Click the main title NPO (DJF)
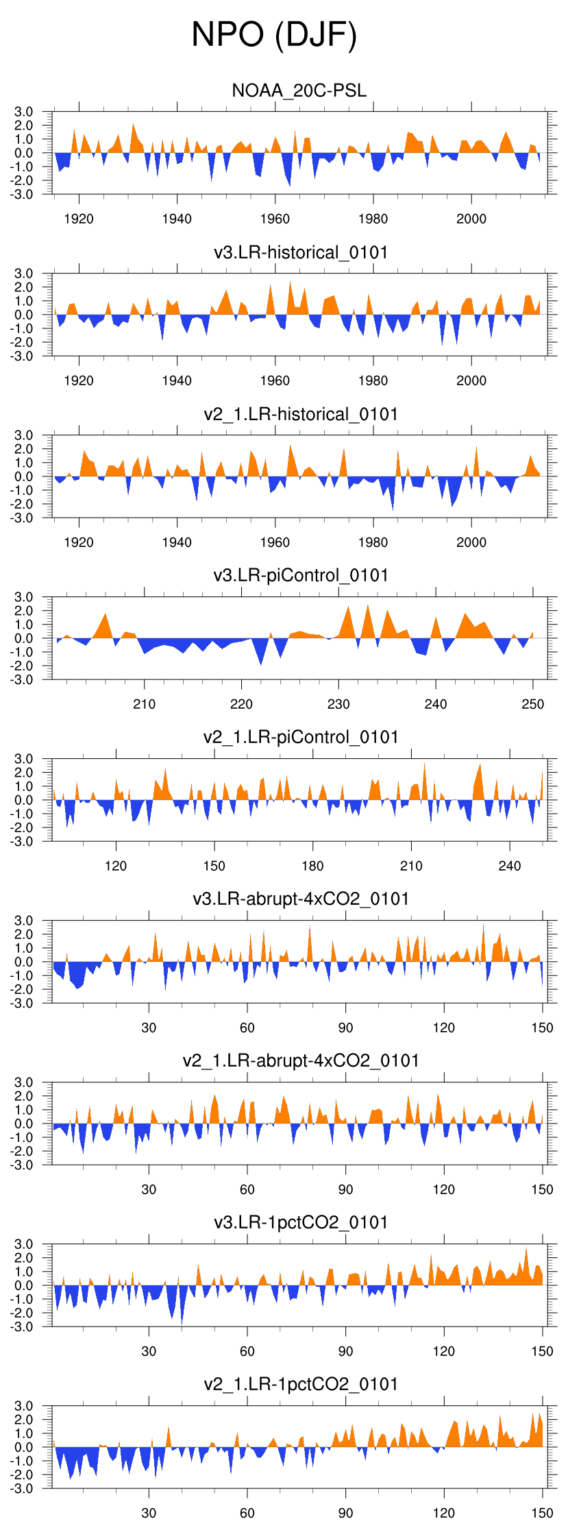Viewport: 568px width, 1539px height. coord(274,34)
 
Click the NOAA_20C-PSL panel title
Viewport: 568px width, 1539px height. coord(299,90)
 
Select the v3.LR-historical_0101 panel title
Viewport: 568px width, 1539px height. coord(301,252)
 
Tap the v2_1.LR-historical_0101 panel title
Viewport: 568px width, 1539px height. coord(301,414)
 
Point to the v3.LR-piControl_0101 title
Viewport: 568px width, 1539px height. coord(301,575)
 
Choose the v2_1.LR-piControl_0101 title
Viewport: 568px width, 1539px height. coord(301,737)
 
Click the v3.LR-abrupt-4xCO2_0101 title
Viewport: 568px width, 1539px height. coord(301,899)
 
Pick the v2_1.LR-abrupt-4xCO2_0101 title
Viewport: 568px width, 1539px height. coord(301,1061)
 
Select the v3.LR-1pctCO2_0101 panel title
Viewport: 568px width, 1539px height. coord(301,1222)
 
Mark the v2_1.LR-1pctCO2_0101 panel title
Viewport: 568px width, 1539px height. coord(301,1384)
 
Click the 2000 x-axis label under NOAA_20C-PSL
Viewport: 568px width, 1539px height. coord(471,219)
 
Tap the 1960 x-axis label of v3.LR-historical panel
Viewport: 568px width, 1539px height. coord(275,380)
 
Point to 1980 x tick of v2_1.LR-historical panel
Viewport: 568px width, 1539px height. coord(373,542)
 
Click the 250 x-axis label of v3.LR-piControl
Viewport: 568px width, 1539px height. coord(533,704)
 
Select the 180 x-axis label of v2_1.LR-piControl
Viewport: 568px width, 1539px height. coord(312,866)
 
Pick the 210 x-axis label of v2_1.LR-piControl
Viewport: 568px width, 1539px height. coord(411,866)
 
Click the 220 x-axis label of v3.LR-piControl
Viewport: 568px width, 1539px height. coord(241,704)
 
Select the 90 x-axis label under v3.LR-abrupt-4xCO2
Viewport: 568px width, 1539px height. coord(345,1028)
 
